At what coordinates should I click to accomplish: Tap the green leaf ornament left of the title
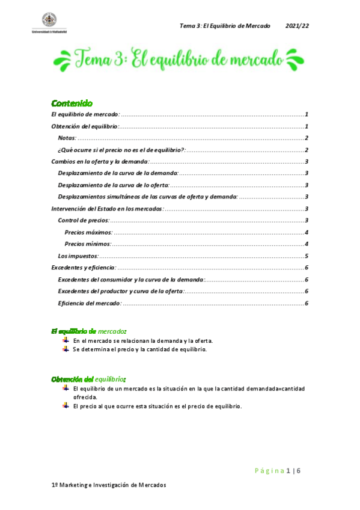point(63,60)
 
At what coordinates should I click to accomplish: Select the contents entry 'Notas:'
point(67,138)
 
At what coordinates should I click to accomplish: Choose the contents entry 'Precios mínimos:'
point(87,244)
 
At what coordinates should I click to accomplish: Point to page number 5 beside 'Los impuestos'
point(307,256)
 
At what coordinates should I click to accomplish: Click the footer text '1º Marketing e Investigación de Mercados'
point(108,485)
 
